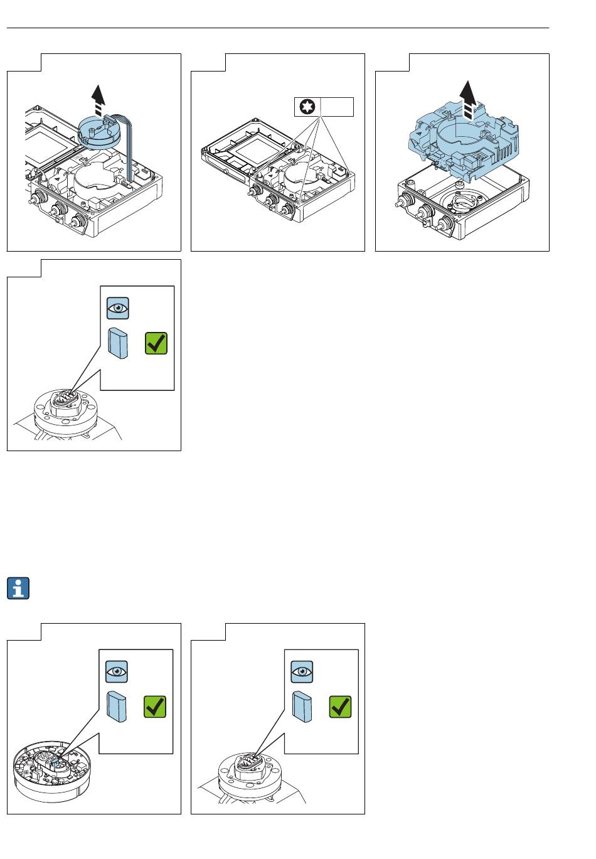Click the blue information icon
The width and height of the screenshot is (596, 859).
tap(21, 588)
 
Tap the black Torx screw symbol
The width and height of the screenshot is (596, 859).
tap(307, 107)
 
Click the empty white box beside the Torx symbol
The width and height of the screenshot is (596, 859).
tap(336, 107)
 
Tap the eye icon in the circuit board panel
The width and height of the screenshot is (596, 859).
tap(117, 671)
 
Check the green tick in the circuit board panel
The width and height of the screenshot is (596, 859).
tap(155, 707)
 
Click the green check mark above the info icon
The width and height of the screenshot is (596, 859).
tap(156, 343)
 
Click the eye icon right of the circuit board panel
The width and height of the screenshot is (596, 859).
tap(302, 671)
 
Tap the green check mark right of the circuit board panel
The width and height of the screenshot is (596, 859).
tap(340, 707)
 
